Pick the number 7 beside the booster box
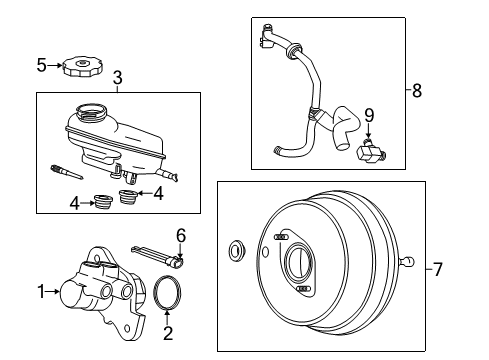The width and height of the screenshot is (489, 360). pyautogui.click(x=436, y=268)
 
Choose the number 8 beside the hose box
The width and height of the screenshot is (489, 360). pyautogui.click(x=416, y=90)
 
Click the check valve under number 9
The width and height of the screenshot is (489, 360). pyautogui.click(x=367, y=151)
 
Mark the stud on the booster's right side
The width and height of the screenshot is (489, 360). pyautogui.click(x=407, y=263)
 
